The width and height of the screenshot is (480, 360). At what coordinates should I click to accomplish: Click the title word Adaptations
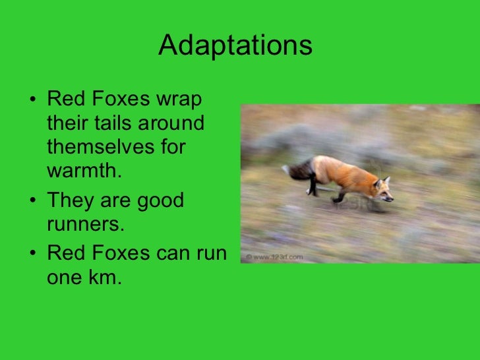click(235, 46)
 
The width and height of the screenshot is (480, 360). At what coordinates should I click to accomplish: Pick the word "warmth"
click(82, 170)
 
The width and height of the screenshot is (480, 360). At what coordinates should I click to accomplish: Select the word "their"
click(69, 124)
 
